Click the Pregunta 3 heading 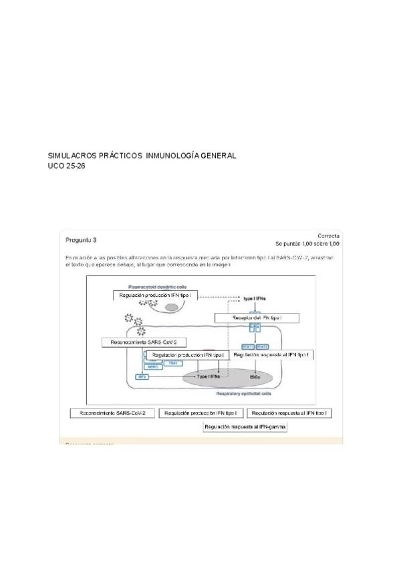point(81,239)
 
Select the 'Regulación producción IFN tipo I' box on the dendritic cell point(155,295)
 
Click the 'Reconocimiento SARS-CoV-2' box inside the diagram point(143,342)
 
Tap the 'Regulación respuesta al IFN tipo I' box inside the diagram point(271,355)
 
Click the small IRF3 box point(142,377)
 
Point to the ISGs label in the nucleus point(255,377)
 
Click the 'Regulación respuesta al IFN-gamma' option point(246,427)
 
